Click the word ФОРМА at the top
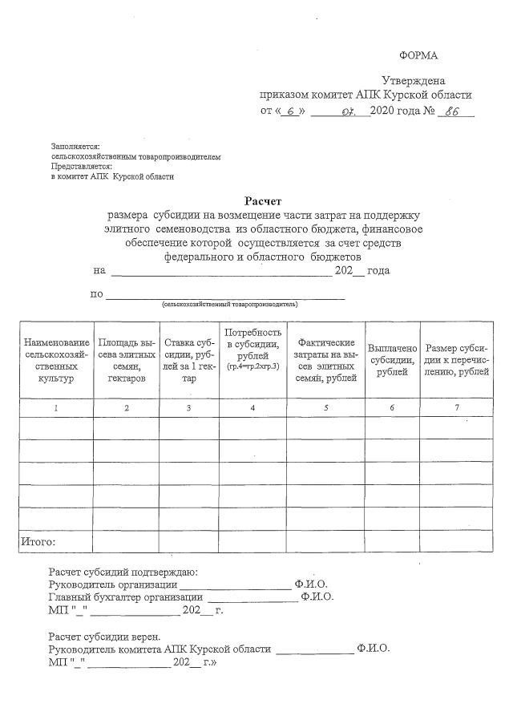(x=418, y=55)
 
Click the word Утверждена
(x=414, y=81)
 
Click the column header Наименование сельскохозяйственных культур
(x=56, y=360)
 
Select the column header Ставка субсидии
(x=188, y=360)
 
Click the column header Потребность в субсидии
(x=252, y=349)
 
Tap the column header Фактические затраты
(x=325, y=360)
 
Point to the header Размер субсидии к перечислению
(x=456, y=360)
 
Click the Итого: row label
(x=38, y=542)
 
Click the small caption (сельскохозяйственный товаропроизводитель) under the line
(x=229, y=305)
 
